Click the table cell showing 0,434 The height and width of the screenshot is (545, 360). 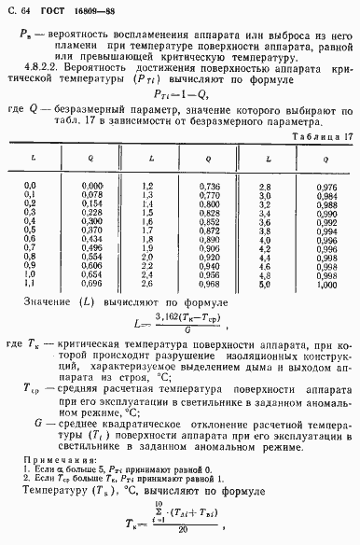90,266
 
